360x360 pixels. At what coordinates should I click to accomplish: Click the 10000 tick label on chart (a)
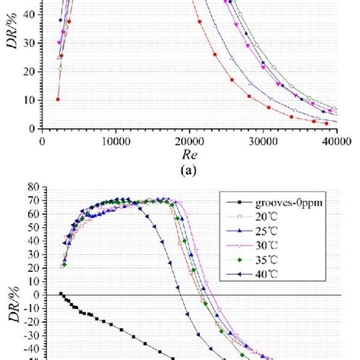click(x=115, y=141)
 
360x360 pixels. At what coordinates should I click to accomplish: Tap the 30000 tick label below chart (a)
click(x=261, y=141)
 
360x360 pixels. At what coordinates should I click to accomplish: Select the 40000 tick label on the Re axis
click(x=333, y=141)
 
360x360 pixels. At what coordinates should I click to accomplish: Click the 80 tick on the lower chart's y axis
click(x=31, y=187)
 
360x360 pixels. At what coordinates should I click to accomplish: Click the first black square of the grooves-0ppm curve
click(x=61, y=293)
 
